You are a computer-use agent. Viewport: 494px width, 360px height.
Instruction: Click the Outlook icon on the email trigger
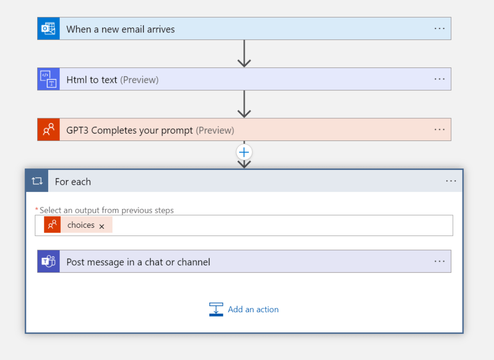point(49,28)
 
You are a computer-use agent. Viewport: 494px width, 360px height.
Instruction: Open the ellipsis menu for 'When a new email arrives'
point(439,28)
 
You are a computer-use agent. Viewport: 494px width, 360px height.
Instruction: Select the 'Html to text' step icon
point(49,79)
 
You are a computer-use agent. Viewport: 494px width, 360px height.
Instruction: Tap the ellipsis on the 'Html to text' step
point(439,79)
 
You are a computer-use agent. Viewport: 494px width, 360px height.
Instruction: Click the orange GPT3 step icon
point(49,129)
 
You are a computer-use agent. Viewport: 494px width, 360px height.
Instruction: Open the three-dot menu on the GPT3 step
point(439,129)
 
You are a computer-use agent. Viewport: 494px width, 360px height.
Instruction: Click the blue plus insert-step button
point(244,152)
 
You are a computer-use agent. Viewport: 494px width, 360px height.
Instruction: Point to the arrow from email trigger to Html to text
point(244,54)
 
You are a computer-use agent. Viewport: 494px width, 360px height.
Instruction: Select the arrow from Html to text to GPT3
point(244,104)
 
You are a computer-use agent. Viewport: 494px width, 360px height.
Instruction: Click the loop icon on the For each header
point(37,181)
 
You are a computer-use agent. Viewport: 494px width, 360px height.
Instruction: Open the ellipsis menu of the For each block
point(451,181)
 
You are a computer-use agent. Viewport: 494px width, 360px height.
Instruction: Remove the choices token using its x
point(102,226)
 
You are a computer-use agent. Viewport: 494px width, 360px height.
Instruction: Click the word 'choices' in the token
point(81,225)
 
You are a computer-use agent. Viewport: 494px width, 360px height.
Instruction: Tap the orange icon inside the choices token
point(52,225)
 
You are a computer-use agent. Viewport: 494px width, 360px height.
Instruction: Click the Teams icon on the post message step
point(49,262)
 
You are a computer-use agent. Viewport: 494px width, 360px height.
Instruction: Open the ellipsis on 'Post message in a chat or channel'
point(439,262)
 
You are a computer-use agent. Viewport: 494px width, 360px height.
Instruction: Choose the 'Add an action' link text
point(253,309)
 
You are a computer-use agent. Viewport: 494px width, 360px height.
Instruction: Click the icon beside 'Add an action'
point(216,309)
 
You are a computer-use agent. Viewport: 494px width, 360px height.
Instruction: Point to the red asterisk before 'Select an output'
point(37,209)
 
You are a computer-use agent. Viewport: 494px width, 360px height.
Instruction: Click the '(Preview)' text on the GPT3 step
point(215,130)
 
